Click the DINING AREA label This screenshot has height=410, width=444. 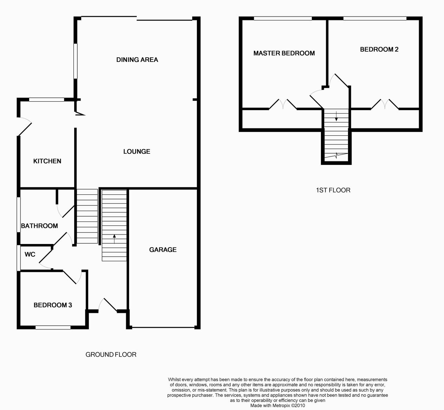[x=137, y=60]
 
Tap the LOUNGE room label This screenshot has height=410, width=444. [x=137, y=152]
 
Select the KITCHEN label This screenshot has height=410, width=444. [x=47, y=161]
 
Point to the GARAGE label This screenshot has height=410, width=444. [x=163, y=250]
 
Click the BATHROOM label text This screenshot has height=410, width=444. [x=39, y=226]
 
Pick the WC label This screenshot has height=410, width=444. [x=30, y=254]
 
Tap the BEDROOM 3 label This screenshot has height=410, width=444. [x=53, y=305]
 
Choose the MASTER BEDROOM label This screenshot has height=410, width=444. [x=284, y=53]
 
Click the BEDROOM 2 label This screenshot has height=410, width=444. [x=379, y=50]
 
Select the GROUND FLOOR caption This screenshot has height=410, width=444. [x=111, y=354]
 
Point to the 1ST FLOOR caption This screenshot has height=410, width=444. [x=333, y=190]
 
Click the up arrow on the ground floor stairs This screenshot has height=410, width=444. [x=114, y=239]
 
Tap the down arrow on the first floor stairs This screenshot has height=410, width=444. [x=336, y=116]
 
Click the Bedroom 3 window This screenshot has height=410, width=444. [x=53, y=327]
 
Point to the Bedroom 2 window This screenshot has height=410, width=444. [x=375, y=18]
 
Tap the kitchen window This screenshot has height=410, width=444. [x=46, y=100]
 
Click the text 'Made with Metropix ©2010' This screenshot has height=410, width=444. [x=277, y=405]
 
